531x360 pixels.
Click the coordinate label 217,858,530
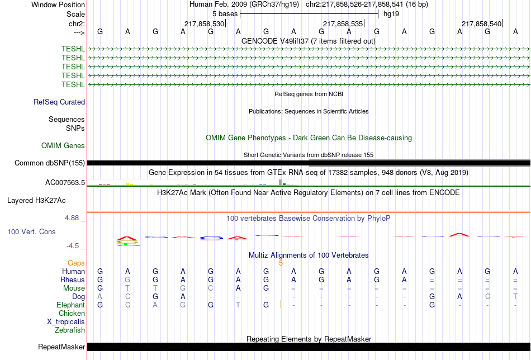[x=204, y=23]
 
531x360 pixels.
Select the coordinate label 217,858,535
[x=343, y=23]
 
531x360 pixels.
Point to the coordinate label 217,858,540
[x=481, y=23]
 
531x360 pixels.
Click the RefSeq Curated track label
[x=59, y=102]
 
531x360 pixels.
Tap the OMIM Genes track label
[x=63, y=146]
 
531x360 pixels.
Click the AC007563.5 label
[x=65, y=182]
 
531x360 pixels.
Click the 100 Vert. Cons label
[x=31, y=231]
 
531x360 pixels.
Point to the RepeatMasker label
[x=61, y=347]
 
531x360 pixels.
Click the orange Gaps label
[x=76, y=263]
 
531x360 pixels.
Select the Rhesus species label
[x=73, y=280]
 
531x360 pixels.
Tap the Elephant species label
[x=70, y=305]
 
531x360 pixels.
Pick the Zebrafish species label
[x=70, y=330]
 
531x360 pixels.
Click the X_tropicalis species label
[x=66, y=322]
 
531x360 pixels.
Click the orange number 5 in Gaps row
[x=281, y=263]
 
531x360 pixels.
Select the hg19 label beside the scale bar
[x=391, y=13]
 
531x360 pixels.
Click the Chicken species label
[x=72, y=314]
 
